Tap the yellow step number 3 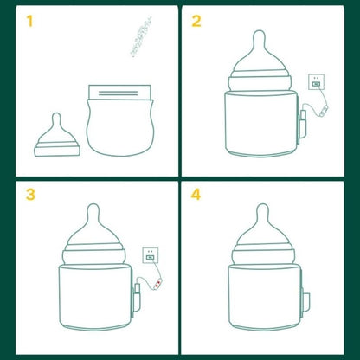[30, 194]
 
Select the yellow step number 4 [196, 194]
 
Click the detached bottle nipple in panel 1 [59, 138]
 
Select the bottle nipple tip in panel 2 [257, 38]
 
